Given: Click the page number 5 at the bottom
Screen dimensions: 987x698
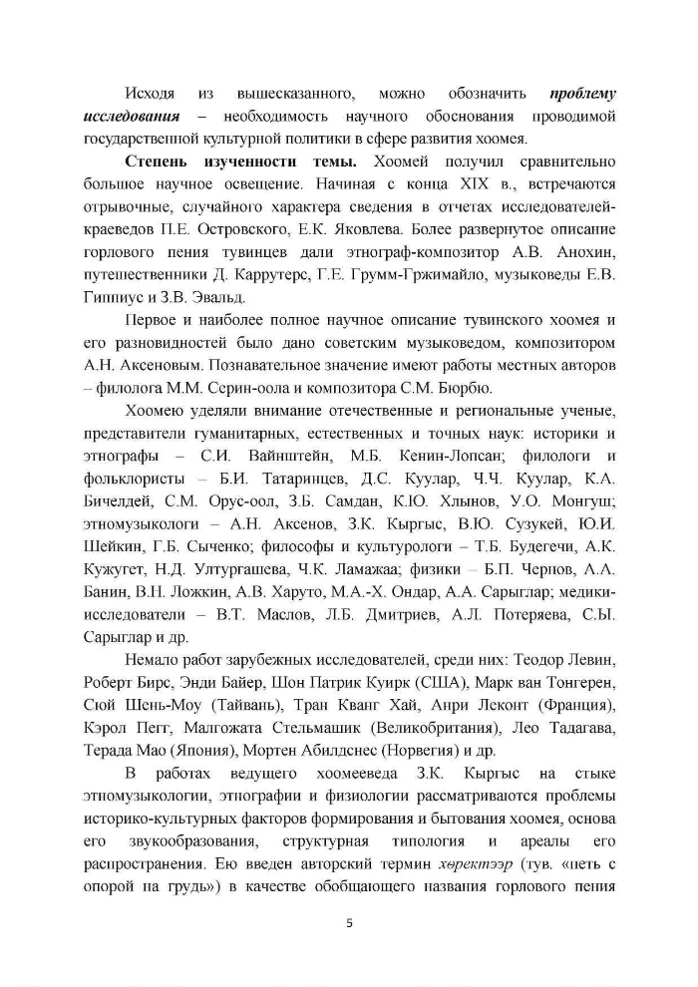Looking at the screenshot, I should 349,921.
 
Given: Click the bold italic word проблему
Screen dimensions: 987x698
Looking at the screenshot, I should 582,94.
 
